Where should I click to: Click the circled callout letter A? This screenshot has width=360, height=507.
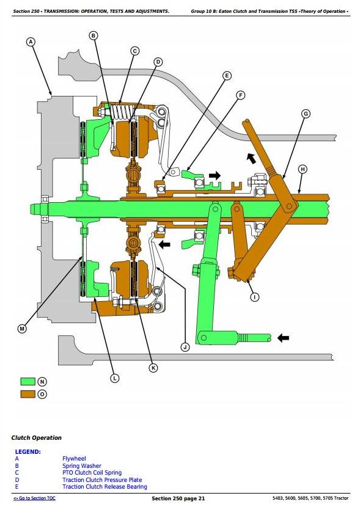coord(31,42)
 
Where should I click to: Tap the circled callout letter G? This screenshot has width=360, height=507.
coord(306,114)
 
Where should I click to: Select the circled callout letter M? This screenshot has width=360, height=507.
coord(22,329)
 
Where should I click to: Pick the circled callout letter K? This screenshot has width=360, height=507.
coord(153,368)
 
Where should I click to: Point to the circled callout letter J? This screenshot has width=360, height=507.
coord(185,348)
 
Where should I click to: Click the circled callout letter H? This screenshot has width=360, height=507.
coord(303,169)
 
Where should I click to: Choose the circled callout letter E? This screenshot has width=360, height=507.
coord(227,76)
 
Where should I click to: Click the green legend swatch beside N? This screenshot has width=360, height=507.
coord(28,382)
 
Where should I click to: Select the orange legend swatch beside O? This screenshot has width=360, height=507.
coord(28,394)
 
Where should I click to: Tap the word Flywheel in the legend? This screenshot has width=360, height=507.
coord(74,459)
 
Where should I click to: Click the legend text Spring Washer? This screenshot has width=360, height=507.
coord(82,466)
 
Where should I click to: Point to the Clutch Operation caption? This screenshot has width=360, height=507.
coord(36,438)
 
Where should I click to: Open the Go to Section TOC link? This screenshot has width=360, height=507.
coord(34,498)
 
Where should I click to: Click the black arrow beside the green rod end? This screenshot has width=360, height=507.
coord(284,338)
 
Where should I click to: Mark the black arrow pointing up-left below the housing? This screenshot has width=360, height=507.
coord(251,158)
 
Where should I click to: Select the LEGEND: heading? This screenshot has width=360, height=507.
coord(28,451)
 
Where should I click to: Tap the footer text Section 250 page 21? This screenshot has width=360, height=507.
coord(178,498)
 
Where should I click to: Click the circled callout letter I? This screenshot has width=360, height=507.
coord(255,297)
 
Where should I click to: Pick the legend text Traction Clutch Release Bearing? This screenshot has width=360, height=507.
coord(105,487)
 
